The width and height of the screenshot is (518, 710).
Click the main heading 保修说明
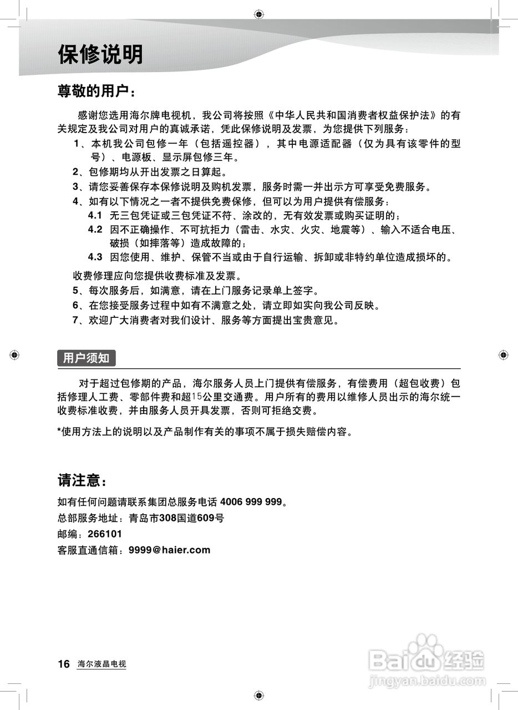[100, 55]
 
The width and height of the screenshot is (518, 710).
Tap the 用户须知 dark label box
[86, 358]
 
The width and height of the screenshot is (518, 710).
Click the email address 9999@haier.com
[169, 550]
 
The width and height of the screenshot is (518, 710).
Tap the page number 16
[64, 664]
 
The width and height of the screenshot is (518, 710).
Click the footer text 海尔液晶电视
[101, 665]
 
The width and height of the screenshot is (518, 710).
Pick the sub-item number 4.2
[95, 229]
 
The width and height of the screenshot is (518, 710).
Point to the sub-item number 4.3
[95, 257]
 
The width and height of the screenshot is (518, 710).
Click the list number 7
[76, 320]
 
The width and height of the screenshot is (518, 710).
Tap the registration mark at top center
[258, 14]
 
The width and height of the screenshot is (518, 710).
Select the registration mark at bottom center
[258, 696]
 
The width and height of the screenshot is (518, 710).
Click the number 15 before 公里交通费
[197, 397]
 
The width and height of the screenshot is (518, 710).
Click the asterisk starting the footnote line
[60, 431]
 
